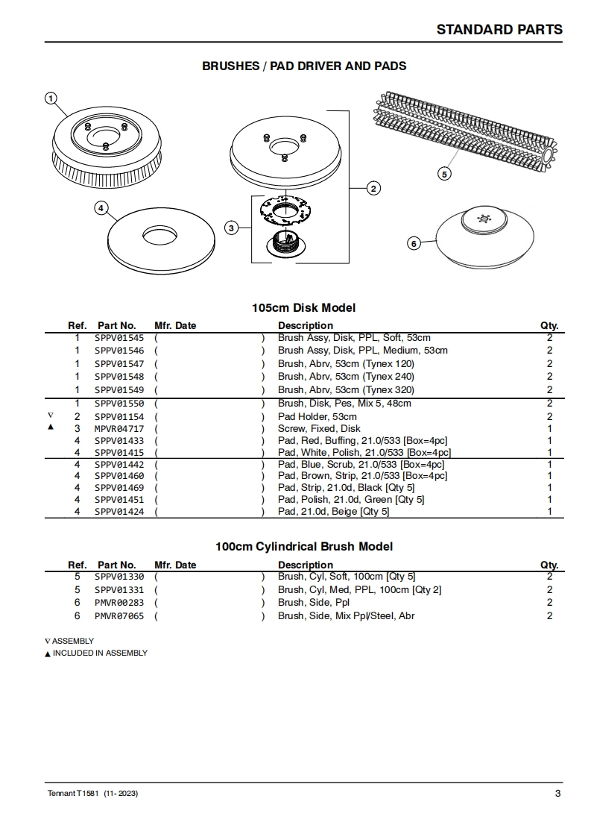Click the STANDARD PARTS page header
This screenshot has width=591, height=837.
499,29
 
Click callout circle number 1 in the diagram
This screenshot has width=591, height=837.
51,98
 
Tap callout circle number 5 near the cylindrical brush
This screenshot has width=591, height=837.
443,174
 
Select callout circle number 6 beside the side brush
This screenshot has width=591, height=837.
414,243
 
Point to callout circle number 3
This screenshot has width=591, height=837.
232,228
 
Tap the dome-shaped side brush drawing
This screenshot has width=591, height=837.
484,234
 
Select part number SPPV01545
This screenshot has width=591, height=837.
119,338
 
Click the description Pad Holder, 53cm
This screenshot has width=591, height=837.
317,416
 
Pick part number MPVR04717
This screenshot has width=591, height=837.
119,429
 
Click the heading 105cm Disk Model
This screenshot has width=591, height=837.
303,307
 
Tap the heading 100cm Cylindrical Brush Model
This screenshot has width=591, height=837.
304,546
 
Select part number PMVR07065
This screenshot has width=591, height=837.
119,616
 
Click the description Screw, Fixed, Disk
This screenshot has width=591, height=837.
319,429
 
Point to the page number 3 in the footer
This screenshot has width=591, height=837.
557,793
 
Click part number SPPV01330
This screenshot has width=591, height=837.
119,577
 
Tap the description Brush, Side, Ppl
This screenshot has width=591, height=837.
314,603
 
